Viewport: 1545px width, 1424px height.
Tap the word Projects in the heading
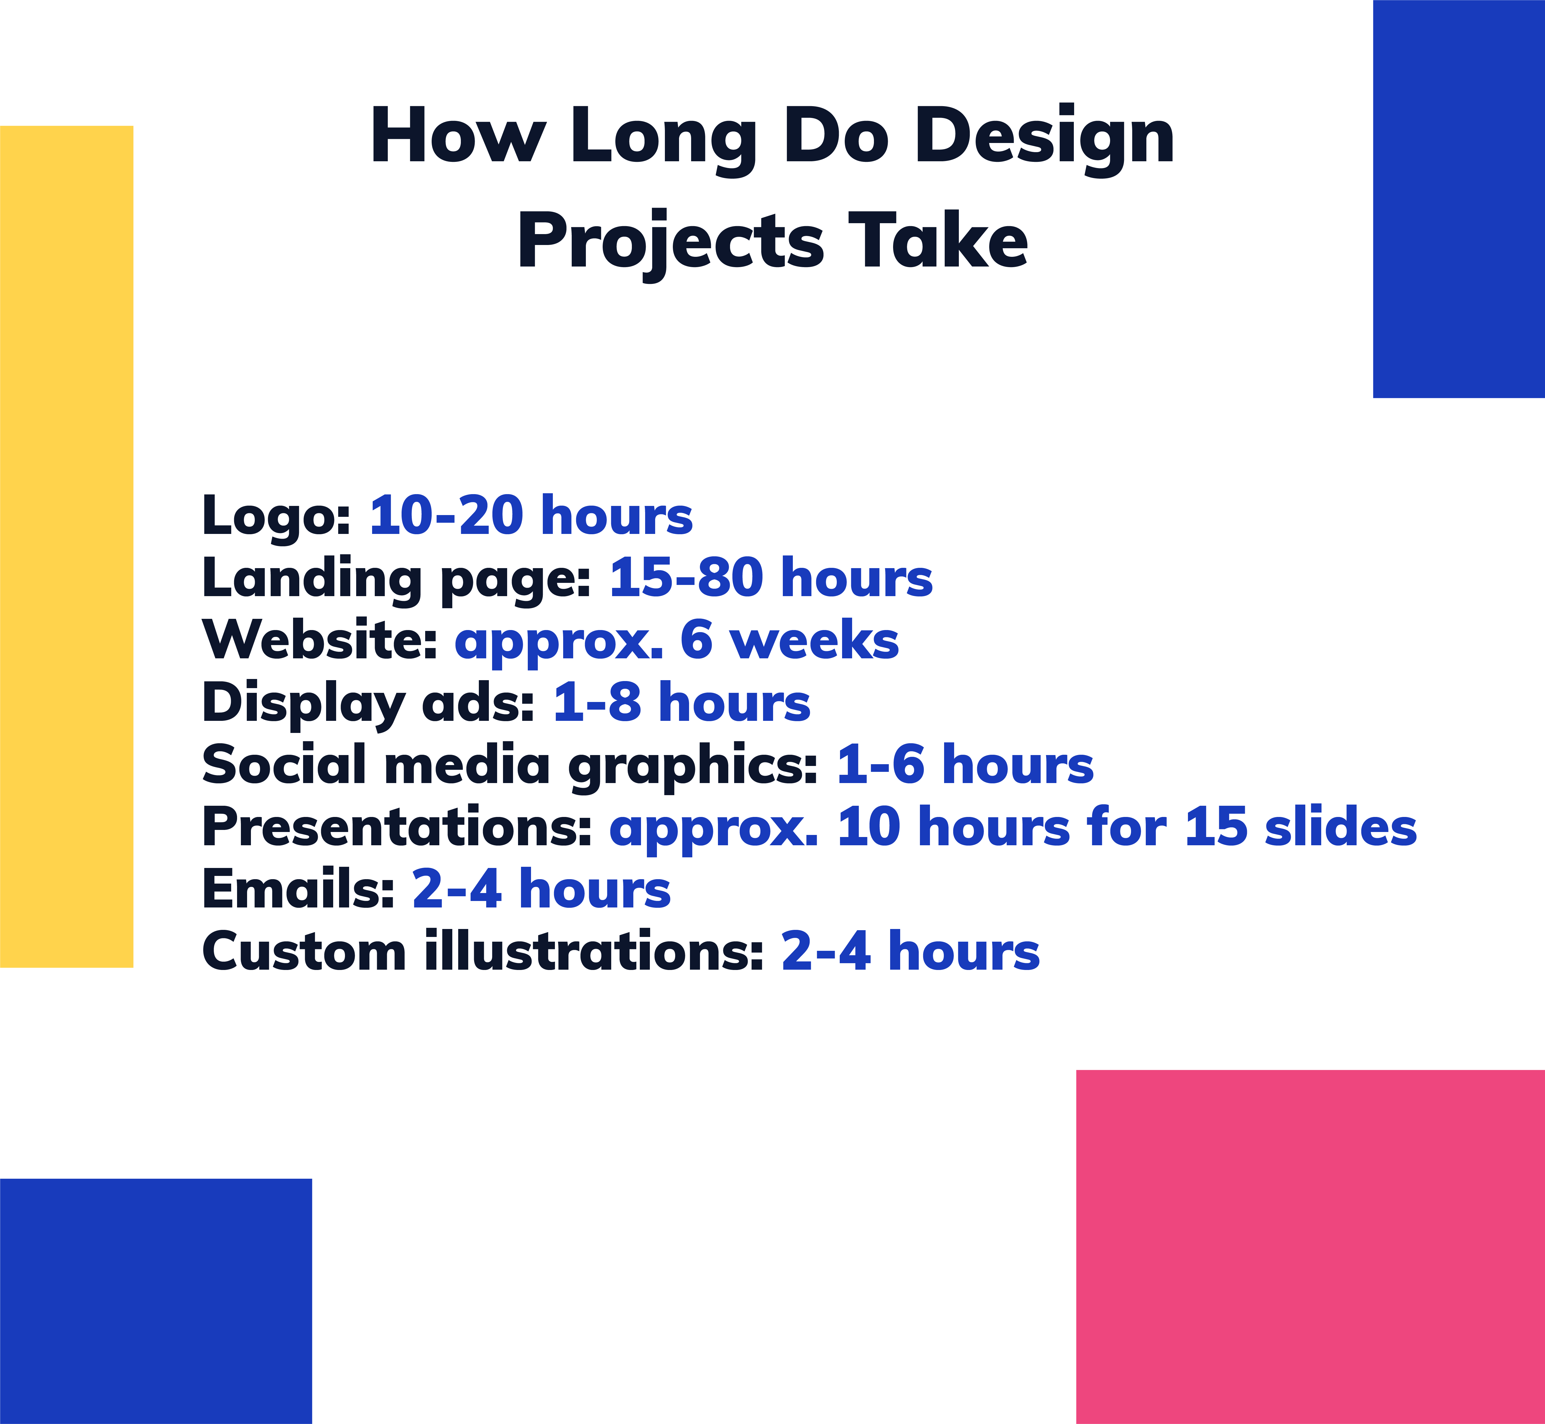(670, 242)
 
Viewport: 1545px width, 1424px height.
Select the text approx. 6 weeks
(677, 640)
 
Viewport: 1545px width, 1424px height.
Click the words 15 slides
(1301, 827)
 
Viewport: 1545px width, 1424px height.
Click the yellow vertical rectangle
(66, 546)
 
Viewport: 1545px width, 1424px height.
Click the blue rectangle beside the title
(1459, 199)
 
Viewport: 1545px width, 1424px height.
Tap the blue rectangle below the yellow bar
(156, 1301)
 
